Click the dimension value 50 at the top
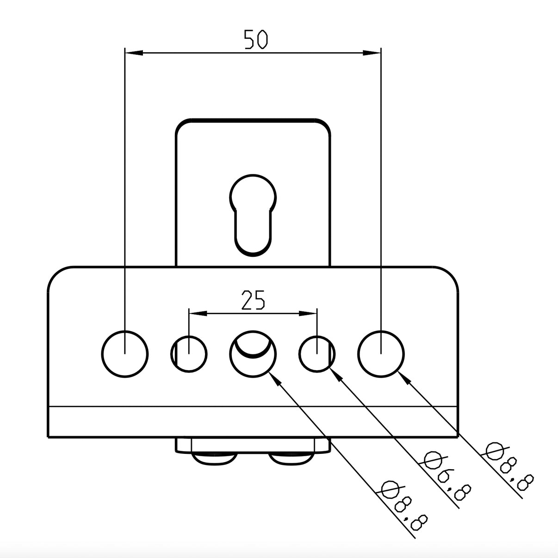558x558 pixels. tap(256, 39)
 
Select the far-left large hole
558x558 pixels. tap(125, 354)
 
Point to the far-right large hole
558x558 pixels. tap(381, 354)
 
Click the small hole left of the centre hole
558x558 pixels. tap(189, 354)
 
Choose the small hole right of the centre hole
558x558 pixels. tap(317, 354)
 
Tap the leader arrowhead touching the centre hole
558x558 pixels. tap(274, 378)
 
